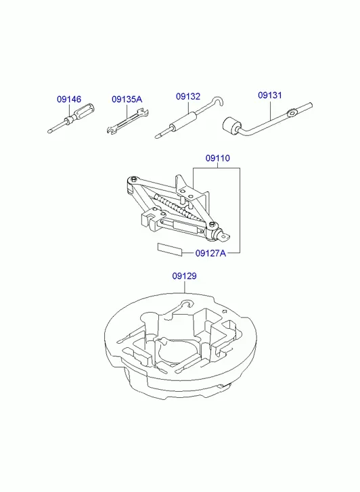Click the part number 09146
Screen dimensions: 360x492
[69, 99]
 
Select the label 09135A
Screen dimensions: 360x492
[127, 99]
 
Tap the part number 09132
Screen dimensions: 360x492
[188, 96]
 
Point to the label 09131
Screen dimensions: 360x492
[270, 95]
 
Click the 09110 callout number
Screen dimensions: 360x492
[218, 158]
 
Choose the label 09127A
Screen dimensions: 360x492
[210, 253]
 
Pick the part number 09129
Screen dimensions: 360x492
[184, 276]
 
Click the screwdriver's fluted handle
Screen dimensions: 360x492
[83, 112]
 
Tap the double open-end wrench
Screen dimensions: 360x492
[127, 121]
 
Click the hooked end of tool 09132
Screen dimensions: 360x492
[218, 101]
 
